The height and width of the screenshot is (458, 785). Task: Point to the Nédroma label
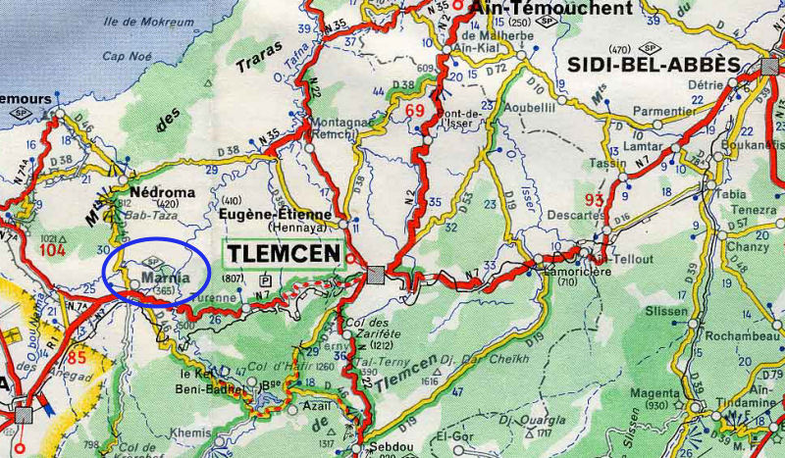tap(163, 192)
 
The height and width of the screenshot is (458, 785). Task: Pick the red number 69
tap(414, 110)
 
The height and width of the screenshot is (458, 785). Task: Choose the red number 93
tap(593, 201)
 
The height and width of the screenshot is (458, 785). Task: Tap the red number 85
tap(77, 357)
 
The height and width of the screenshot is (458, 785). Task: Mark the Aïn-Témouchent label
tap(551, 8)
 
